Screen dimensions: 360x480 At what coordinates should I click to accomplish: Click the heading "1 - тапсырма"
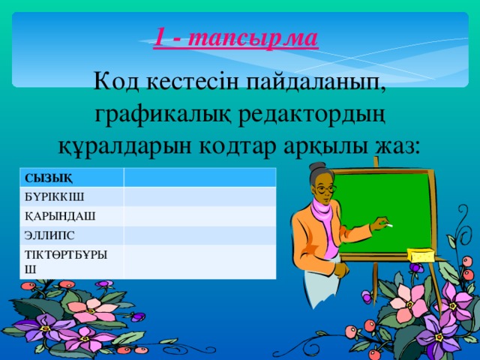tap(236, 37)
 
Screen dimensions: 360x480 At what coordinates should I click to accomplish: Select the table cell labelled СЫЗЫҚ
tap(72, 177)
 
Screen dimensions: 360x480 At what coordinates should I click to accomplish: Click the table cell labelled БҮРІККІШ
tap(72, 196)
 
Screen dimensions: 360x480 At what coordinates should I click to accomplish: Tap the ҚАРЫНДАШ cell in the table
tap(72, 216)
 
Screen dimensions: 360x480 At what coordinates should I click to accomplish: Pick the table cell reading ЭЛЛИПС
tap(72, 235)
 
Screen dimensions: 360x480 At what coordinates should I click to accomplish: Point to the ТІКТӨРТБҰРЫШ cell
tap(72, 262)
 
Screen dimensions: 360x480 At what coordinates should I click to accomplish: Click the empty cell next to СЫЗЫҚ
tap(199, 177)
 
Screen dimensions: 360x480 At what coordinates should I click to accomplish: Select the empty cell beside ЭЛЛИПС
tap(199, 235)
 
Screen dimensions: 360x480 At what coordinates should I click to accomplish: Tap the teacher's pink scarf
tap(323, 217)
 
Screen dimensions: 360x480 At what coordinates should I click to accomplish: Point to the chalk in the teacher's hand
tap(388, 224)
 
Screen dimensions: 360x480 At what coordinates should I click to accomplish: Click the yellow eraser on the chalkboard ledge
tap(421, 256)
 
